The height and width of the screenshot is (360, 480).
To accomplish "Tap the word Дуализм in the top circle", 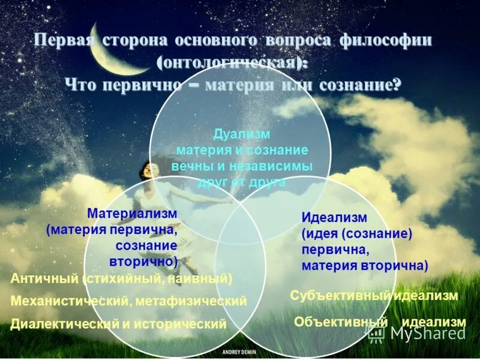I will point(242,134).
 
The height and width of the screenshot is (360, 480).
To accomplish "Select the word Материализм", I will point(132,214).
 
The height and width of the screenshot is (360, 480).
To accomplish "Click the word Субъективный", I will point(340,295).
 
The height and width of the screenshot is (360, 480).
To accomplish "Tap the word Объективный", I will point(340,322).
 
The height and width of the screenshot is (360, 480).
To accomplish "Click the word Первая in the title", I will point(62,41).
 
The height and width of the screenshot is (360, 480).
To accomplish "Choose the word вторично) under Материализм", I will point(143,262).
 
